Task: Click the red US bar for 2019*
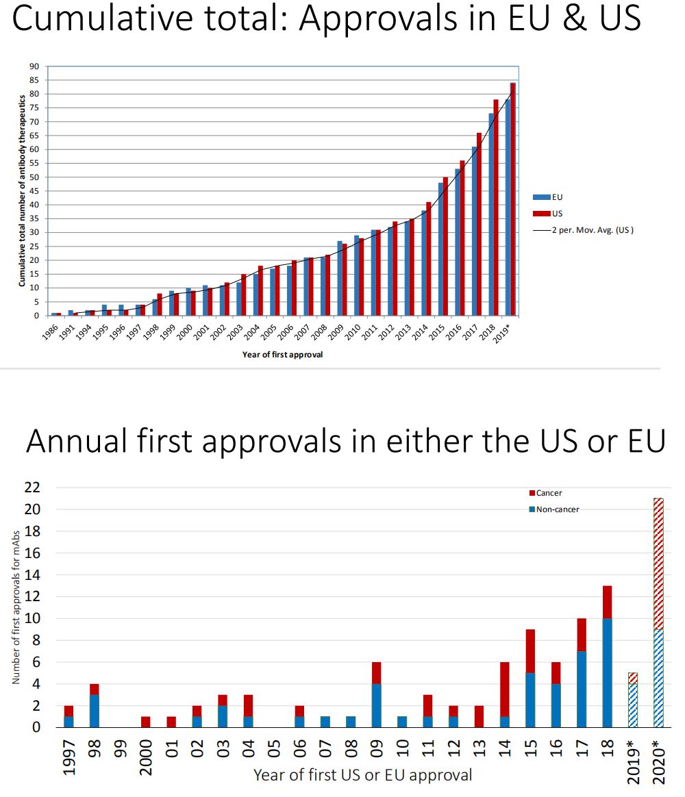click(x=512, y=199)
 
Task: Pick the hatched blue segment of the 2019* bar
click(x=632, y=705)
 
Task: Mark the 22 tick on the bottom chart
click(x=33, y=488)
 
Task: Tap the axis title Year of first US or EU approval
click(x=362, y=776)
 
